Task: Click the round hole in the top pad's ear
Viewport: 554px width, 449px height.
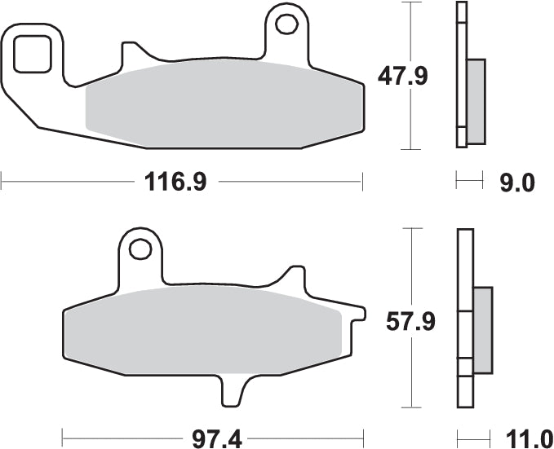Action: pos(286,24)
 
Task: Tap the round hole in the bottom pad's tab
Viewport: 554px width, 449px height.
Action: pos(140,248)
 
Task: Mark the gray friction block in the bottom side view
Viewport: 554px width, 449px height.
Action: pos(483,330)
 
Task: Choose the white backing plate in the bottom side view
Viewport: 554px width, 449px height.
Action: pos(464,318)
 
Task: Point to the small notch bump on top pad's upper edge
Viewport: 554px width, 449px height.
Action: pos(127,54)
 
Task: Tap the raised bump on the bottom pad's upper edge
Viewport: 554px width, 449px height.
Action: pos(292,278)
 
